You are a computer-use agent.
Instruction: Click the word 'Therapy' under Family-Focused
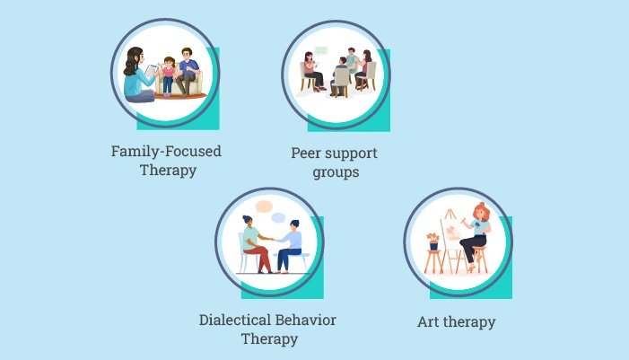pyautogui.click(x=168, y=170)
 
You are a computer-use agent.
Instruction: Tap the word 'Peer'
pyautogui.click(x=307, y=153)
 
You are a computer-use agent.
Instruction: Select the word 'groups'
pyautogui.click(x=336, y=171)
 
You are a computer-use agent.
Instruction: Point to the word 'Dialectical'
pyautogui.click(x=235, y=320)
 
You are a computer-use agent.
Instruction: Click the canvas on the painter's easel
pyautogui.click(x=454, y=236)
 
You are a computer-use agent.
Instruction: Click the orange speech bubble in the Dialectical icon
pyautogui.click(x=263, y=207)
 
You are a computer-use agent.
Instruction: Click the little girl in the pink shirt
pyautogui.click(x=167, y=75)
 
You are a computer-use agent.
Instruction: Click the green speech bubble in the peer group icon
pyautogui.click(x=321, y=50)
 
